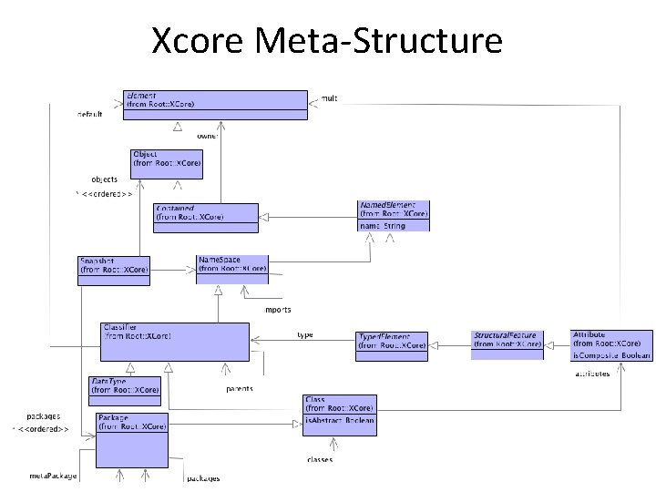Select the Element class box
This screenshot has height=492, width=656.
[216, 100]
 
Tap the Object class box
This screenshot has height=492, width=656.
[167, 163]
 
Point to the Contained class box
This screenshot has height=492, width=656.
[193, 212]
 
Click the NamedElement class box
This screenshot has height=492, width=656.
[393, 216]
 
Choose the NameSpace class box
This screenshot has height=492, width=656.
[231, 268]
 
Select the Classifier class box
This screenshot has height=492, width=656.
[174, 339]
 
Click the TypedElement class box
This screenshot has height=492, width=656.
[392, 342]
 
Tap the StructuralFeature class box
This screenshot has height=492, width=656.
[507, 341]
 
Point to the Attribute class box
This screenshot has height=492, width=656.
[611, 344]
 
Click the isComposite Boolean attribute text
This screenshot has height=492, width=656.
[611, 355]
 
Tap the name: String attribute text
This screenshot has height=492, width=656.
[382, 225]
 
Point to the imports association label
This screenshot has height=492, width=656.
[278, 310]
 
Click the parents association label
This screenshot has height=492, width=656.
[239, 389]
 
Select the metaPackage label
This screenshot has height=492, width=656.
[53, 477]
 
